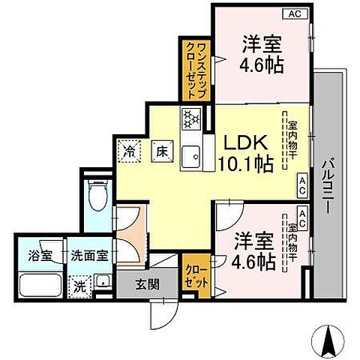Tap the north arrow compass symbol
(328, 341)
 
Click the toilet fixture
(96, 197)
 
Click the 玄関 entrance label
(146, 284)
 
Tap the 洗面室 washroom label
(89, 254)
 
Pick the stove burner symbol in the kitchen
(190, 118)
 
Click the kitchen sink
(191, 153)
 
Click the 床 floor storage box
(160, 149)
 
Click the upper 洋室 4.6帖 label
(262, 54)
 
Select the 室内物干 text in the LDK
(292, 140)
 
